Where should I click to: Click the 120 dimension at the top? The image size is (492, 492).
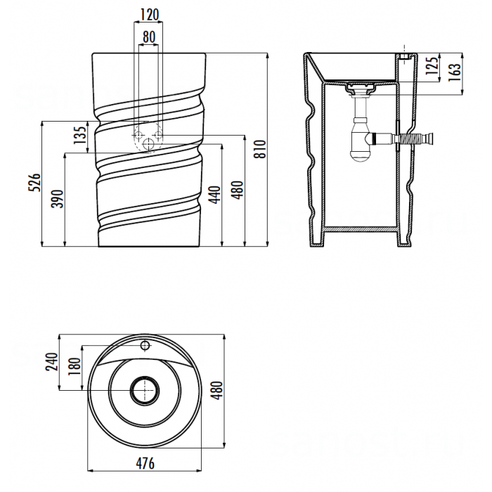tap(149, 14)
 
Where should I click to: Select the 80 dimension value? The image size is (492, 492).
tap(148, 36)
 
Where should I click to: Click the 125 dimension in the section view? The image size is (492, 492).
tap(432, 65)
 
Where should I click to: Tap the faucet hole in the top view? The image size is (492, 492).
tap(145, 346)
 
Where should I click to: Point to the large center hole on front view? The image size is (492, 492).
tap(148, 143)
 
